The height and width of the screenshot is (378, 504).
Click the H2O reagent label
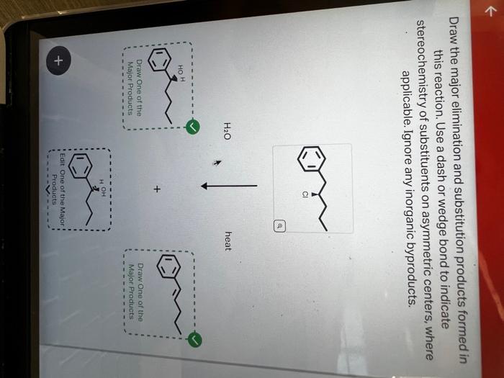click(228, 130)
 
